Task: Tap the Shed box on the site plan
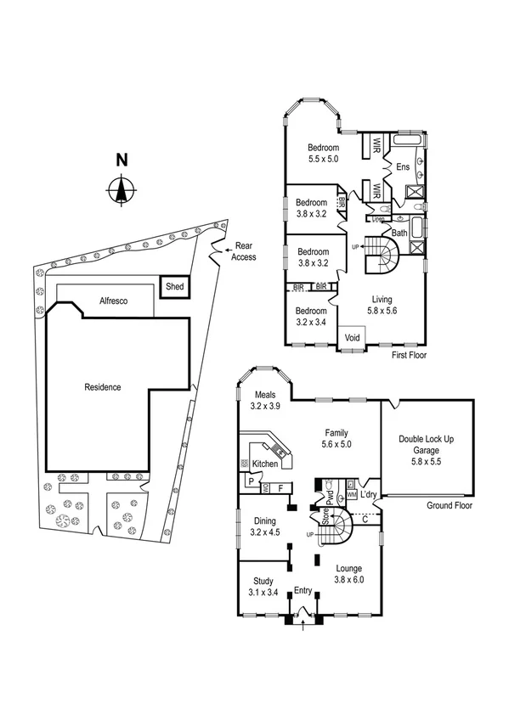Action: click(174, 287)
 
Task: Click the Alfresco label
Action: click(113, 301)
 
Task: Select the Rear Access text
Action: click(244, 251)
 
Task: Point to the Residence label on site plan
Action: click(103, 387)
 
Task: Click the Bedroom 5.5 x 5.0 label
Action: click(323, 153)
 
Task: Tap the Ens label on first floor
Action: click(403, 168)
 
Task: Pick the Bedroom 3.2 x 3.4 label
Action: click(311, 317)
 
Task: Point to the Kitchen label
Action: click(264, 464)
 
